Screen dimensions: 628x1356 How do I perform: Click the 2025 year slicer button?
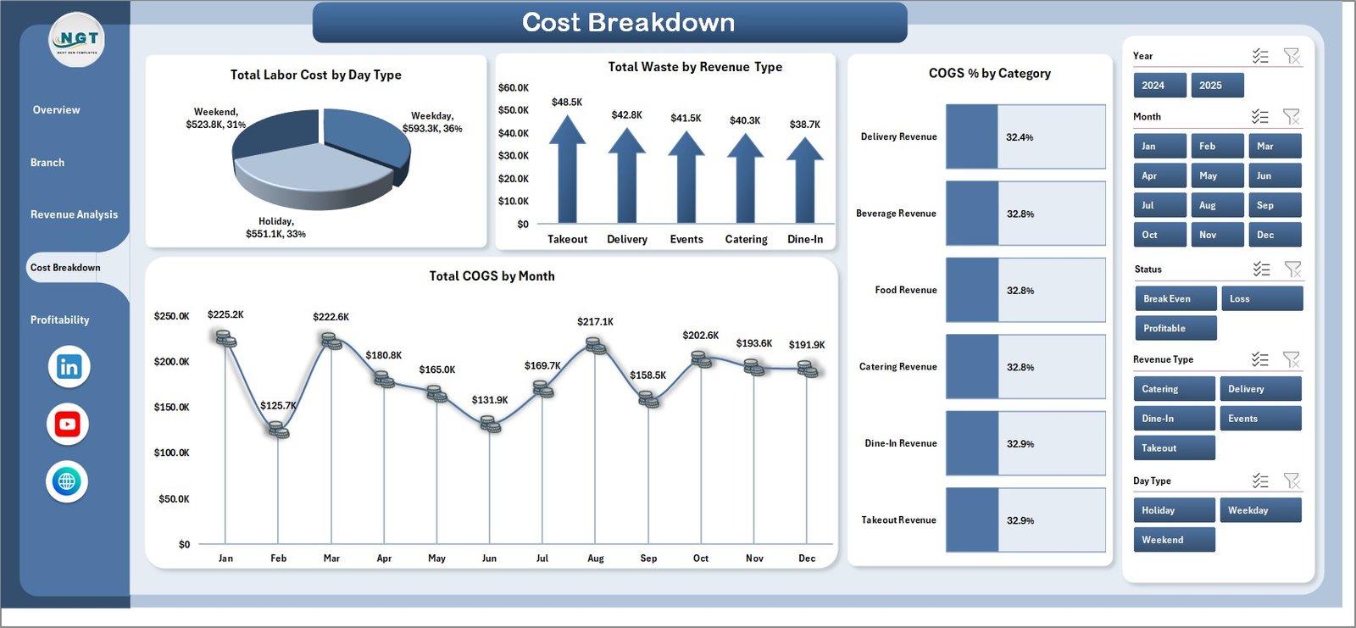[1217, 86]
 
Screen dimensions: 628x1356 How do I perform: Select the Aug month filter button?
[1217, 206]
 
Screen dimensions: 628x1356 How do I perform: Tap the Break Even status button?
[1175, 299]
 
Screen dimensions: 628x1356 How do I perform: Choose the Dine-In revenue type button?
[1174, 419]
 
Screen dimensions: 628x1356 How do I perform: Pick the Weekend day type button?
[1174, 540]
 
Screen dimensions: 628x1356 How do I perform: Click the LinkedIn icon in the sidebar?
[69, 367]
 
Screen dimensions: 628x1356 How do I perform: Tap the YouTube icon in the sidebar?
[68, 425]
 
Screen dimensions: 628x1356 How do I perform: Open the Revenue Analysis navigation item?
[74, 215]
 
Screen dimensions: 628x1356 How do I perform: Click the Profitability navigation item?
[59, 320]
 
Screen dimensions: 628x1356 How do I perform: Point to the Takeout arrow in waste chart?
[567, 174]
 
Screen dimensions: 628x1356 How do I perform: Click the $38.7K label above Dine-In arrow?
[804, 125]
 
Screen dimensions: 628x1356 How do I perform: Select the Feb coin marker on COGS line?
[279, 431]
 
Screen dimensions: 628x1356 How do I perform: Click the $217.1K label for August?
[595, 322]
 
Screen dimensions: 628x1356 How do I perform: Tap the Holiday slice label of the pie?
[275, 228]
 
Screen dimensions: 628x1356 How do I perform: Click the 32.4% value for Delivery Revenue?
[1020, 137]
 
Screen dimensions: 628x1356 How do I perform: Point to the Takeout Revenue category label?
[898, 520]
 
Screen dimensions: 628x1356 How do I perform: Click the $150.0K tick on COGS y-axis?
[171, 408]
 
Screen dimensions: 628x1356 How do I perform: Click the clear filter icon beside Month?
[1292, 117]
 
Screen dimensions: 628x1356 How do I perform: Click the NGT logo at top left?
[77, 40]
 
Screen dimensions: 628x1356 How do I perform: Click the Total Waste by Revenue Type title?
[695, 67]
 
